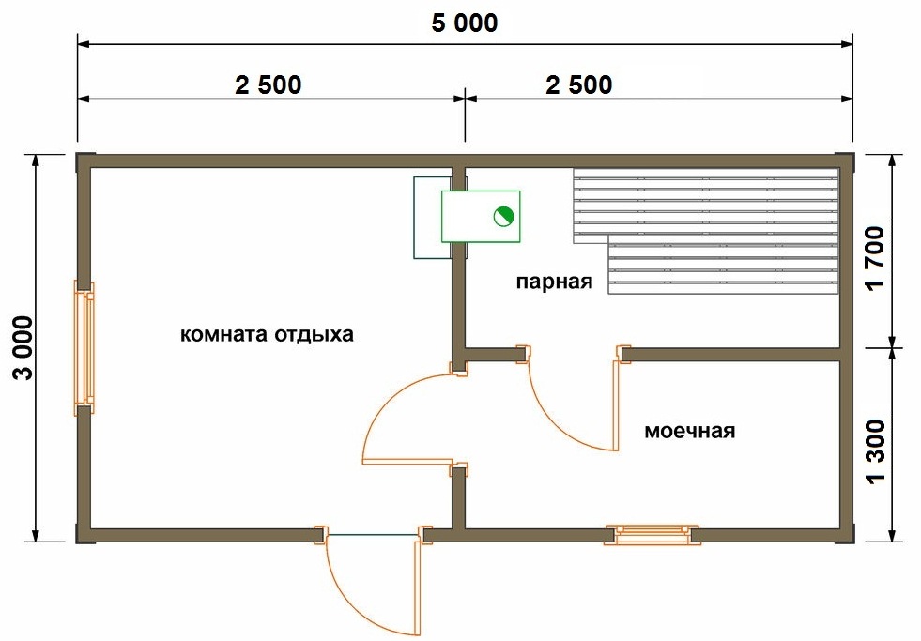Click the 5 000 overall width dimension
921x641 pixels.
[465, 23]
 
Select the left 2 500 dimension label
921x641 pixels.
[269, 84]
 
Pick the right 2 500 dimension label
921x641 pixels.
[579, 84]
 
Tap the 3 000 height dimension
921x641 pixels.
[24, 347]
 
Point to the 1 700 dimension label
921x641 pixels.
[875, 257]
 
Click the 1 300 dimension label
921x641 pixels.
[875, 450]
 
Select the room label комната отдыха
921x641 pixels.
[267, 335]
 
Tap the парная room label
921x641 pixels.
[555, 282]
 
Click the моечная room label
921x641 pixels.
[689, 431]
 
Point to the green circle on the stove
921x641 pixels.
[503, 217]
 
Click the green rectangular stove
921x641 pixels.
[481, 216]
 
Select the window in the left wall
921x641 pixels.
[84, 347]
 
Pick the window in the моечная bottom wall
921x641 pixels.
[652, 535]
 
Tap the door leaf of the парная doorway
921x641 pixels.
[616, 405]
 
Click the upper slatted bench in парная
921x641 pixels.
[706, 206]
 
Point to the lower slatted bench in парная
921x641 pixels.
[724, 268]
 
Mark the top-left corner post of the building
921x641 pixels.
[84, 162]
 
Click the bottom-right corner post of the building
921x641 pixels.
[845, 534]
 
